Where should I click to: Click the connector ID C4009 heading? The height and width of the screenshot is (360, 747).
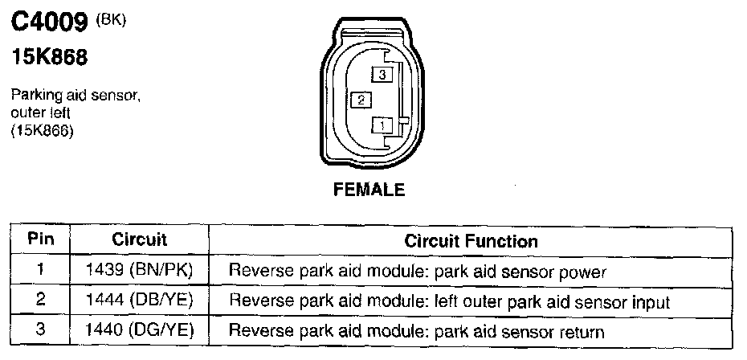click(x=47, y=23)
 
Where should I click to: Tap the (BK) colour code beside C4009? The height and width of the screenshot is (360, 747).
click(x=110, y=19)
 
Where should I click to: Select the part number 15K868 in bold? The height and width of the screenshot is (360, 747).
click(x=48, y=59)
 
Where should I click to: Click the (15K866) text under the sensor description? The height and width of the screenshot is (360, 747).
click(x=42, y=132)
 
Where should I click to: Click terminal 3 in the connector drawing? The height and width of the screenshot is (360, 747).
click(x=383, y=74)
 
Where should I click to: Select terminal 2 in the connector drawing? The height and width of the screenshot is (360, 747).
click(x=362, y=100)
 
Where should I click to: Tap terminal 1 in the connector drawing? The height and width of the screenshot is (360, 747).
click(x=383, y=125)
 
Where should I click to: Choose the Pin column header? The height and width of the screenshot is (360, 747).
click(x=40, y=240)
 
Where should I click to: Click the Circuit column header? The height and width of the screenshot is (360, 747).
click(x=139, y=240)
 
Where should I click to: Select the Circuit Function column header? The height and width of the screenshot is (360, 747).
click(x=471, y=241)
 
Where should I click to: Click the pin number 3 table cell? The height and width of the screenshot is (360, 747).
click(x=40, y=330)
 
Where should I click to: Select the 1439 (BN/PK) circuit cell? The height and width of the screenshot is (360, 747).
click(x=139, y=271)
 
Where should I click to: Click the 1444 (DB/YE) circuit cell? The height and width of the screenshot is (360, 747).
click(x=139, y=301)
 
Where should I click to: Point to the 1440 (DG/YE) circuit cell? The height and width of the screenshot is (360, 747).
click(x=139, y=331)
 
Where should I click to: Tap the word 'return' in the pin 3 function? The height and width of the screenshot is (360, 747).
click(x=584, y=332)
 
